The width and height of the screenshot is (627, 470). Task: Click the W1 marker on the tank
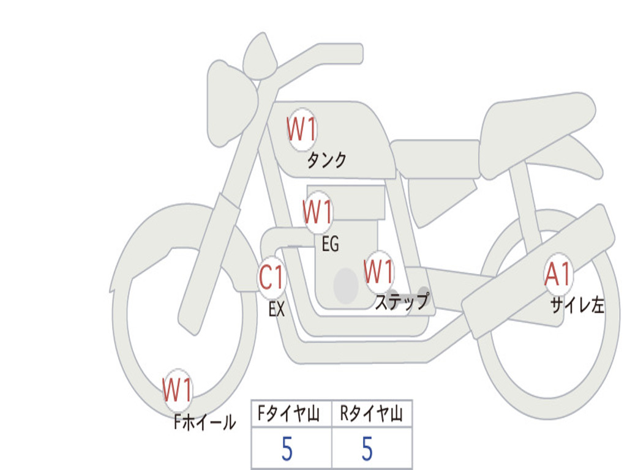[x=302, y=130]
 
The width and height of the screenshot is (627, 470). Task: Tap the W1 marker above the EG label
[x=318, y=212]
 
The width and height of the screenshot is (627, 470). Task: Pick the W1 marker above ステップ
[x=379, y=272]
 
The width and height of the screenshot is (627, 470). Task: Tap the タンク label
[x=326, y=160]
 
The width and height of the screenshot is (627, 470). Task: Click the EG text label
[x=330, y=244]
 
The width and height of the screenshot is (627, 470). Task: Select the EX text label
[x=277, y=309]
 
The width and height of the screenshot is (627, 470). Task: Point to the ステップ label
[x=402, y=302]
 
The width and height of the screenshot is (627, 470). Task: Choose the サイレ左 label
[x=577, y=305]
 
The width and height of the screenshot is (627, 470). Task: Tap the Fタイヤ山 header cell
[x=291, y=414]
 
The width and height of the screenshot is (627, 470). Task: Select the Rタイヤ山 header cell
[x=372, y=414]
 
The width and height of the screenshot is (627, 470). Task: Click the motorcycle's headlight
[x=230, y=101]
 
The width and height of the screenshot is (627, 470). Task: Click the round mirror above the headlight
[x=260, y=57]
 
